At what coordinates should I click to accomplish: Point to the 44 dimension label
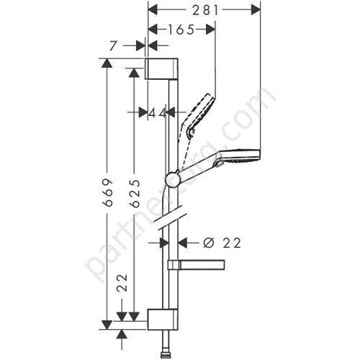point(157,112)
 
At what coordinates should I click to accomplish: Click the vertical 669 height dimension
point(107,194)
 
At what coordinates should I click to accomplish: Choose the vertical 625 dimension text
point(133,194)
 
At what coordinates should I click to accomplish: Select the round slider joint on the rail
point(173,179)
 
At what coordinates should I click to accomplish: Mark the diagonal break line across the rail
point(173,223)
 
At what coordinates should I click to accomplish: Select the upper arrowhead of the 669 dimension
point(107,63)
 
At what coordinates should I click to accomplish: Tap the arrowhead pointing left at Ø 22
point(181,243)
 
